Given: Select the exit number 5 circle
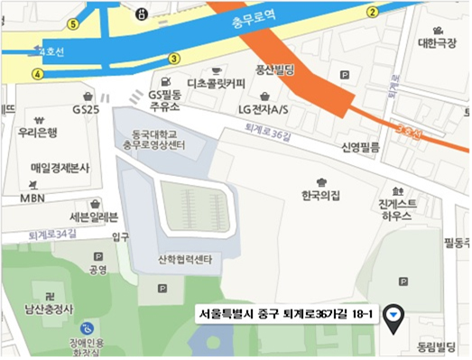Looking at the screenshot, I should (73, 23).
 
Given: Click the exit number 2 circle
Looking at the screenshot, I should (373, 12).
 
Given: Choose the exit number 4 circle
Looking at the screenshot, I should (38, 74).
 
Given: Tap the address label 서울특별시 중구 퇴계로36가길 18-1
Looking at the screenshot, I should (287, 315).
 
